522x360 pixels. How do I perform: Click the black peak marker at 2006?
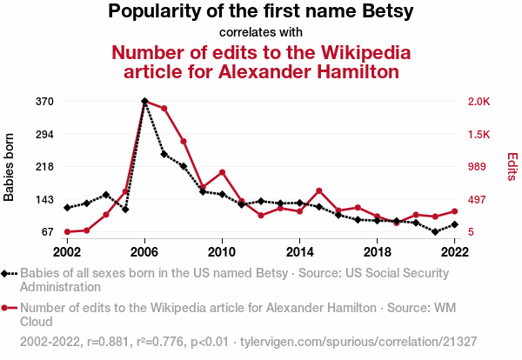coord(144,102)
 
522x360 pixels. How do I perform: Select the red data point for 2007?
coord(164,109)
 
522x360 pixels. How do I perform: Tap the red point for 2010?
coord(222,172)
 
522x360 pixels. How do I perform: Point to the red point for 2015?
coord(319,190)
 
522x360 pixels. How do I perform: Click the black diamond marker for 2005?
coord(125,210)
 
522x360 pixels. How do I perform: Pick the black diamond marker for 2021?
coord(435,231)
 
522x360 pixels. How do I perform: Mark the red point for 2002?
coord(67,232)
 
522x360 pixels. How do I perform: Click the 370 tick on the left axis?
coord(45,102)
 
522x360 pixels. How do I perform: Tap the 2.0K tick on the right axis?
coord(479,102)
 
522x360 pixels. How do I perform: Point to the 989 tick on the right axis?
coord(477,167)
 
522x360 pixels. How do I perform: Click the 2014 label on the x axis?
coord(299,251)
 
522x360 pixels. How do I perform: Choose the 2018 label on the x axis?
coord(377,251)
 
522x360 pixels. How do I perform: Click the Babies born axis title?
coord(10,167)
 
